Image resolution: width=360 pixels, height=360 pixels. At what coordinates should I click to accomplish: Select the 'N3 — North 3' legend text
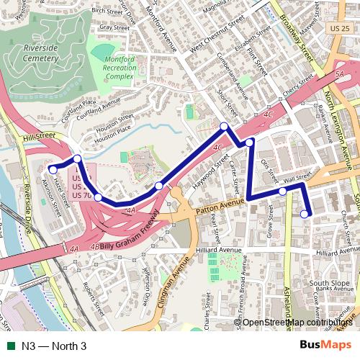(x=53, y=346)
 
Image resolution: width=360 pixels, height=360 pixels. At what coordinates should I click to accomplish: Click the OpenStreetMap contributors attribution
(x=297, y=323)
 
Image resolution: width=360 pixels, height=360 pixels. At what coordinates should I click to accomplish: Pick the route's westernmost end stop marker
(x=53, y=169)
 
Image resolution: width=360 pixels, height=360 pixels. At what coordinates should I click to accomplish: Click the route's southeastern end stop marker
(x=305, y=213)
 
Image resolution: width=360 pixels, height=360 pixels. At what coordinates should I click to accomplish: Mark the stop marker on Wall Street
(x=283, y=191)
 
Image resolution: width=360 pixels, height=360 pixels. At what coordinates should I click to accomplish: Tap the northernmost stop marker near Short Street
(x=225, y=127)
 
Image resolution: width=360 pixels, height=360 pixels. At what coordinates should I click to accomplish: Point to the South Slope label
(x=329, y=283)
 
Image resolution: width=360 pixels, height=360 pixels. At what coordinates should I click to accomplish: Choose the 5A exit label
(x=339, y=73)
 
